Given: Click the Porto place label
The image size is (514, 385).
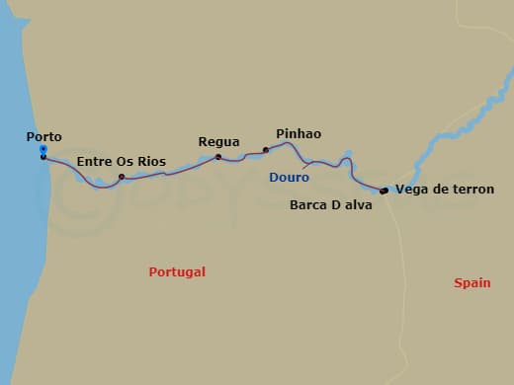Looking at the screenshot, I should [44, 138].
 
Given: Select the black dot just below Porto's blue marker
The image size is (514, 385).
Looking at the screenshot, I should [43, 157].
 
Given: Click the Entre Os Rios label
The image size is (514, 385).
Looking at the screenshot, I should [121, 162].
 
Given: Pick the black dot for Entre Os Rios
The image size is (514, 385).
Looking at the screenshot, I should [122, 178].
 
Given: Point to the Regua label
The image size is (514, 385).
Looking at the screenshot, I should [218, 142].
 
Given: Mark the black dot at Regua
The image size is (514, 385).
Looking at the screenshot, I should [218, 156].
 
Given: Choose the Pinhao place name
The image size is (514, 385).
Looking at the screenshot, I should [299, 133].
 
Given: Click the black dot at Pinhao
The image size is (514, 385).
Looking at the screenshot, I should [266, 150].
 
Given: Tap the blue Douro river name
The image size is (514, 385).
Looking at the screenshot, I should [289, 178].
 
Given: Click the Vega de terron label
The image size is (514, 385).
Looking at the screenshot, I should [444, 189].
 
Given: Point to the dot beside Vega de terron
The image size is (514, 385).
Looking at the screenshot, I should [384, 191].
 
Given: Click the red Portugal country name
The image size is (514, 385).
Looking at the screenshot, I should [177, 271].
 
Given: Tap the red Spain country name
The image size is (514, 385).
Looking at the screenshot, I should [472, 282].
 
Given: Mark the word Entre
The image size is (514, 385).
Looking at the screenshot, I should [93, 162].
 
